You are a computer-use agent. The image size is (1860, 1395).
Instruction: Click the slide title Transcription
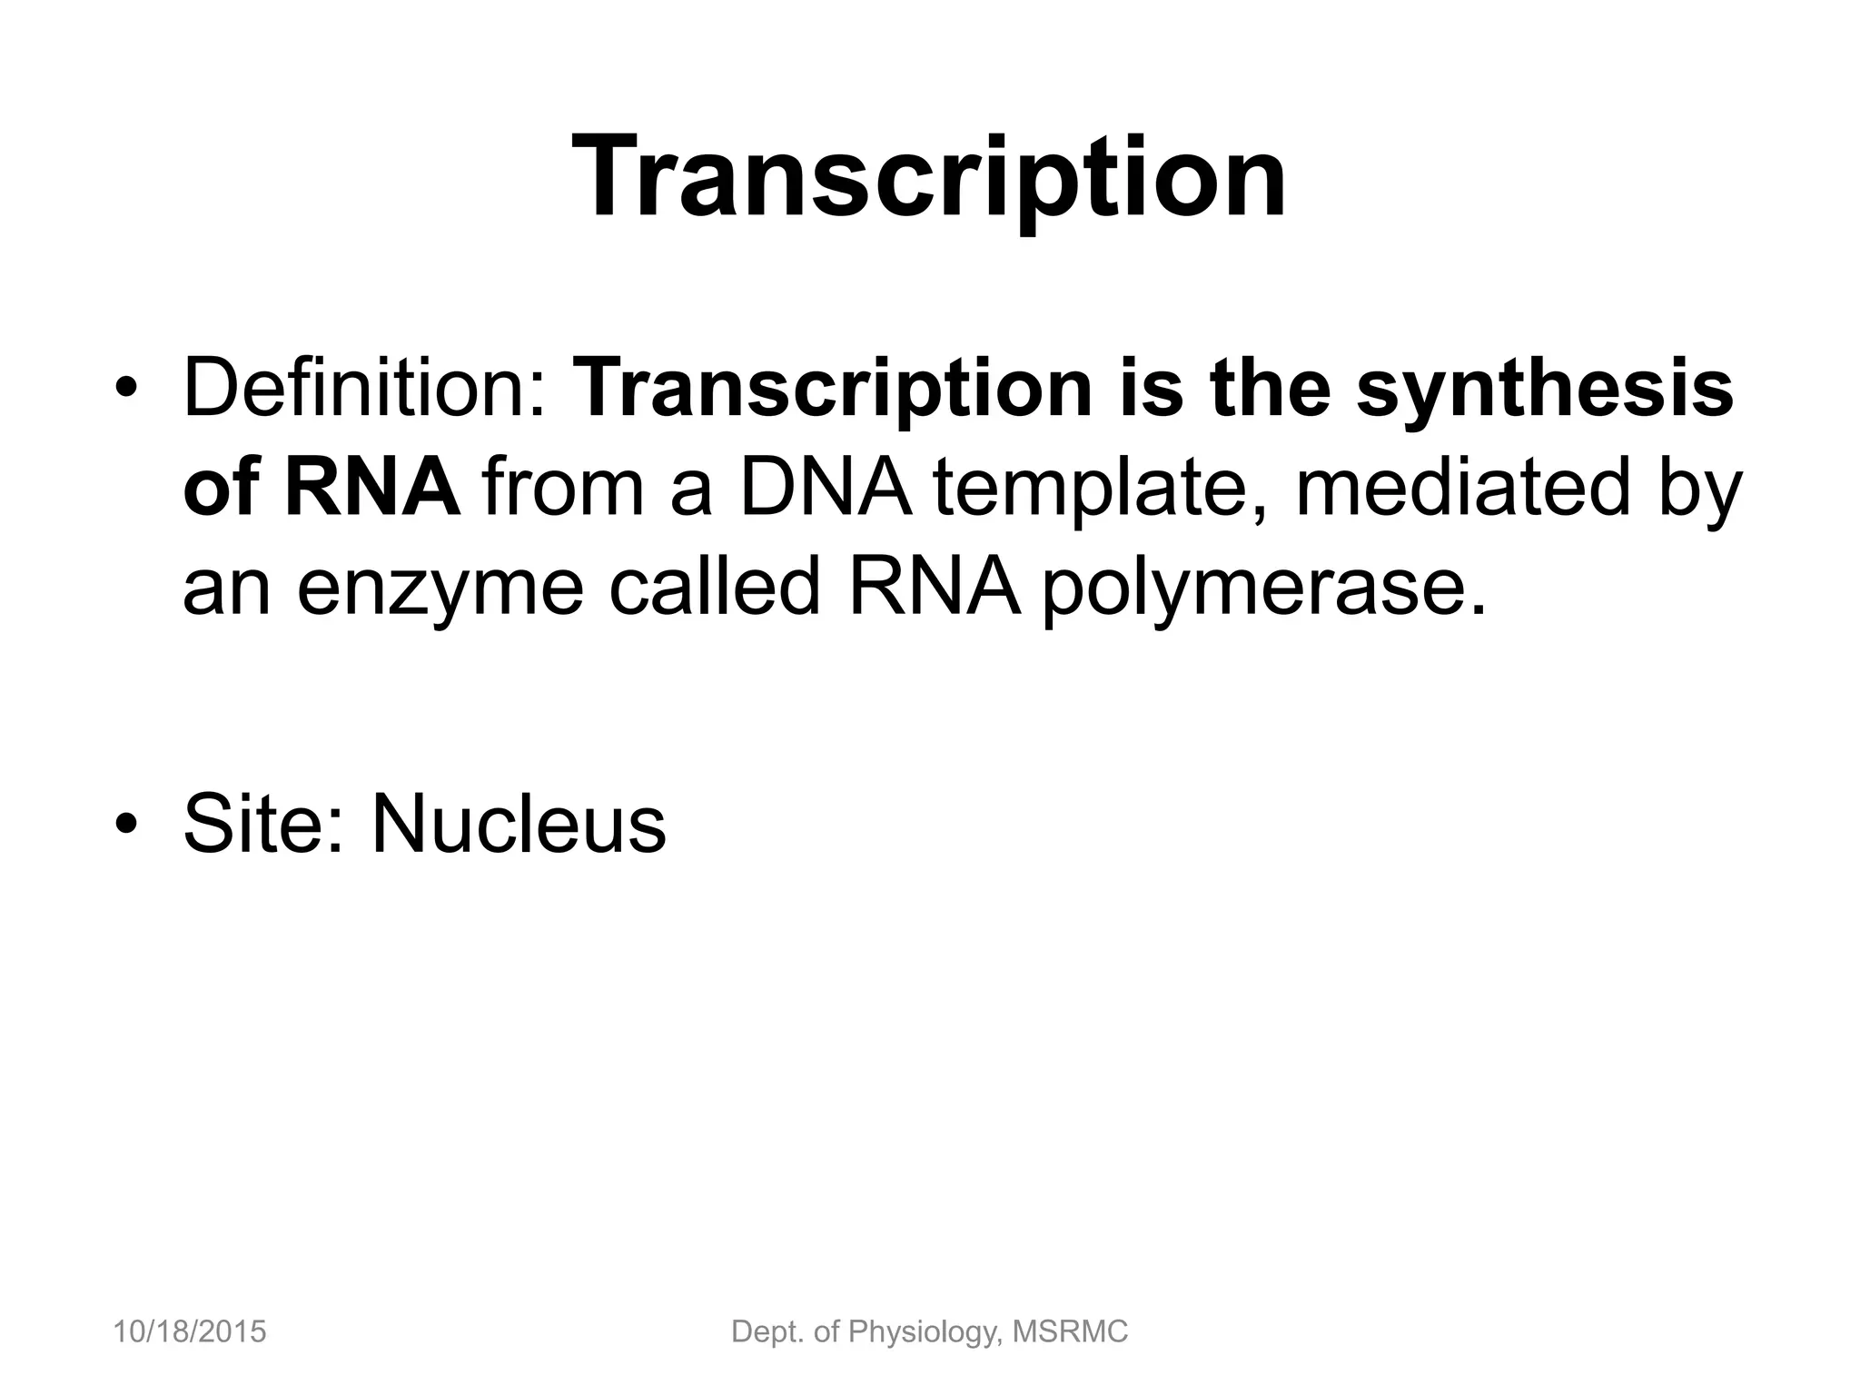(929, 177)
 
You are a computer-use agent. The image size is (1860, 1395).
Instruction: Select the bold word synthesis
(1545, 390)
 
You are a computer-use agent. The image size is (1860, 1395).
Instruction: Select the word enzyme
(440, 589)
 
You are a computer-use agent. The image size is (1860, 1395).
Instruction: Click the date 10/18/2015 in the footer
(190, 1332)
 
